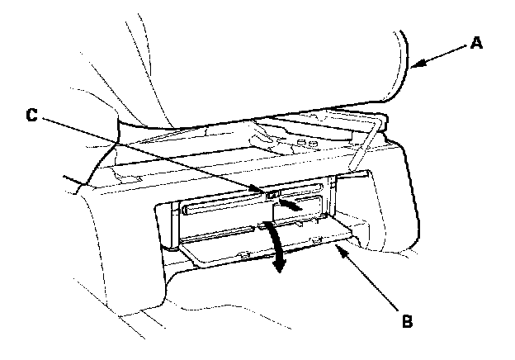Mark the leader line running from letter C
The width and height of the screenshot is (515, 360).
point(149,155)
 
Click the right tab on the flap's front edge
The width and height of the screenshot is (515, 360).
point(318,240)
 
